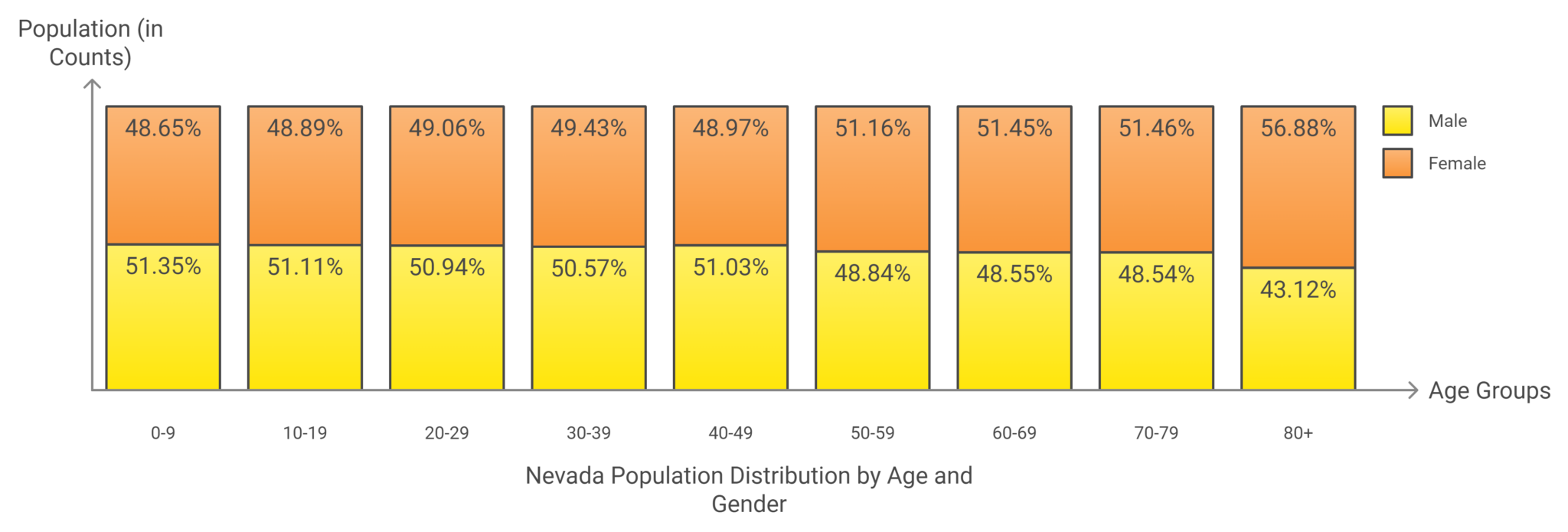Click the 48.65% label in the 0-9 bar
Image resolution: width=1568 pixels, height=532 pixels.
point(163,128)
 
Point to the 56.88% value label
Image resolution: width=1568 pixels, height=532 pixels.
point(1298,128)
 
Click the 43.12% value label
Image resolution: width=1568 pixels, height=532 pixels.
point(1298,289)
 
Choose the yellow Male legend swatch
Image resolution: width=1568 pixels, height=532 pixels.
point(1397,121)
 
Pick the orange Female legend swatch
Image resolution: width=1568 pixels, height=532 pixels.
point(1397,163)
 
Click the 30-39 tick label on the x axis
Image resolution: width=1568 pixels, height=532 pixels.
point(588,433)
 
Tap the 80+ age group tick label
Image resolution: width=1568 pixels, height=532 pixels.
point(1298,433)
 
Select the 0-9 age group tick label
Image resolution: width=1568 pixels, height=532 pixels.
point(163,433)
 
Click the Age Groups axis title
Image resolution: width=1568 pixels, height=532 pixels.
point(1489,391)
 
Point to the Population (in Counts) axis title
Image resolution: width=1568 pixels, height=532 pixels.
point(90,43)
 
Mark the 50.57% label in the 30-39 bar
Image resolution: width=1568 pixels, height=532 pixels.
point(589,268)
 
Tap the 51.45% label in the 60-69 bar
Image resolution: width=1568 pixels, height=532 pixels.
point(1014,128)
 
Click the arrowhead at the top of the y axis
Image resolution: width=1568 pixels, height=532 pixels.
point(92,83)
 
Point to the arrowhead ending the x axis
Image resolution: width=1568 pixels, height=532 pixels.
point(1413,390)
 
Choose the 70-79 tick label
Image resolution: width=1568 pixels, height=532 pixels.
point(1156,433)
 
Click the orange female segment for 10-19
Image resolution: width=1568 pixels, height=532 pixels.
point(305,191)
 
